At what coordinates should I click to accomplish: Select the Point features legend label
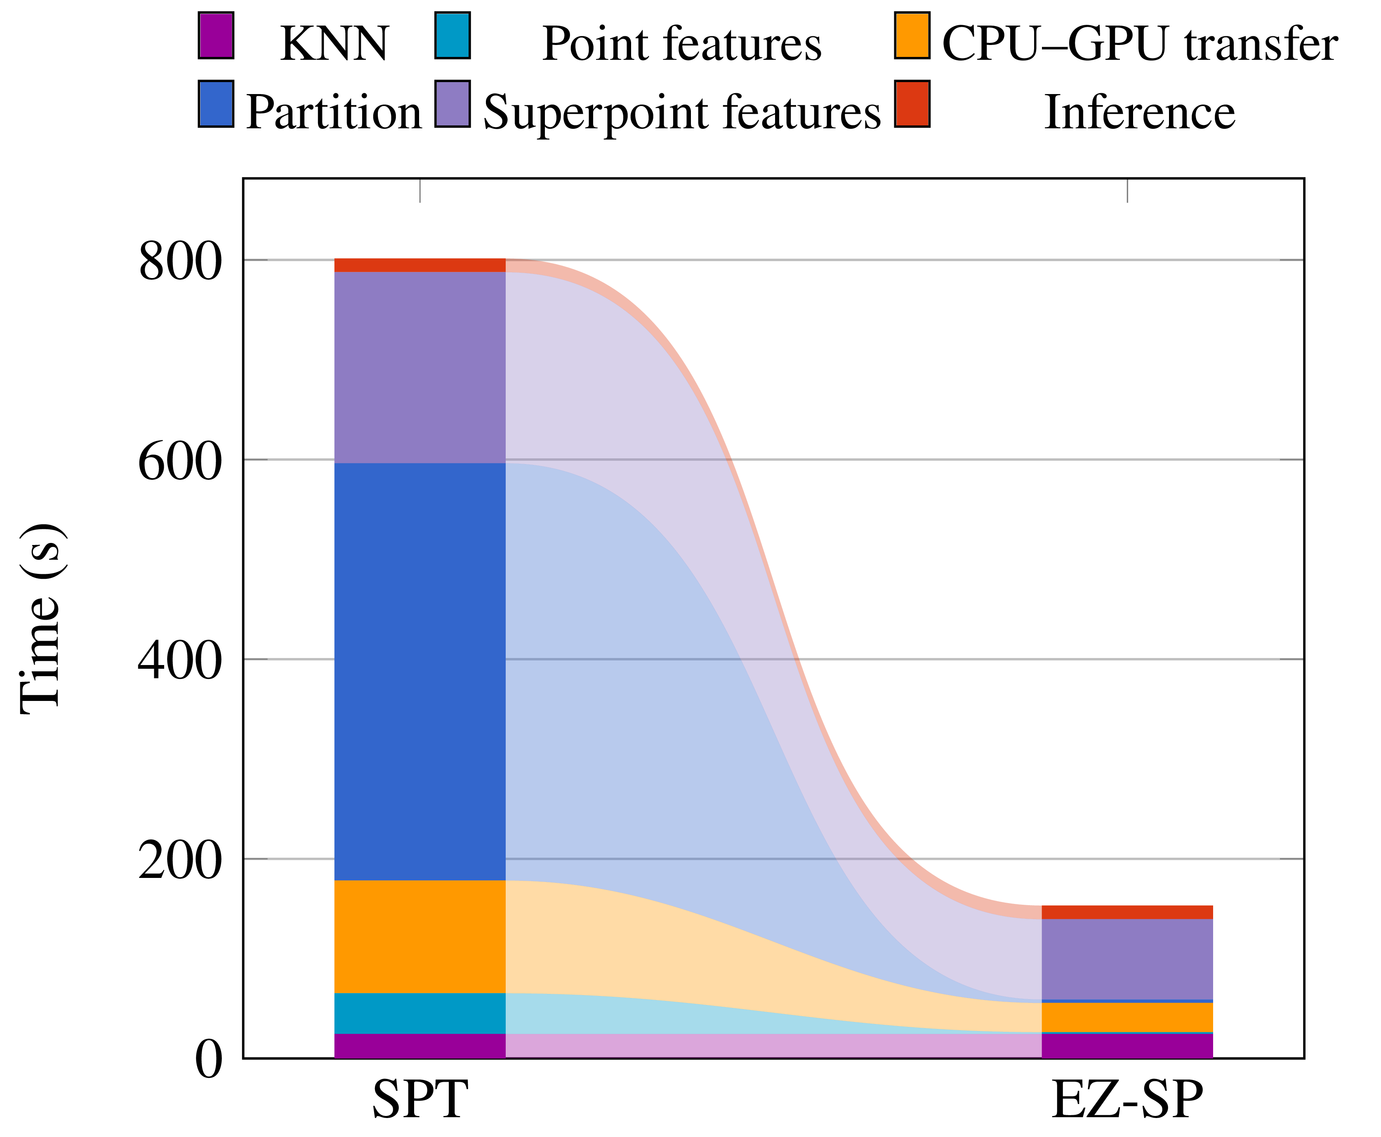[681, 45]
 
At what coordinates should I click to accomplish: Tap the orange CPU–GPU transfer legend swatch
[912, 36]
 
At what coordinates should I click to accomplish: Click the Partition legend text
[332, 112]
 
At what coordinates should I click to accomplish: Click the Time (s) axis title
[40, 618]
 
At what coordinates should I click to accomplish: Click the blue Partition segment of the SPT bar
[420, 671]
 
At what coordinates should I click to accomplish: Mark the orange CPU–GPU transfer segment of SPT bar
[420, 936]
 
